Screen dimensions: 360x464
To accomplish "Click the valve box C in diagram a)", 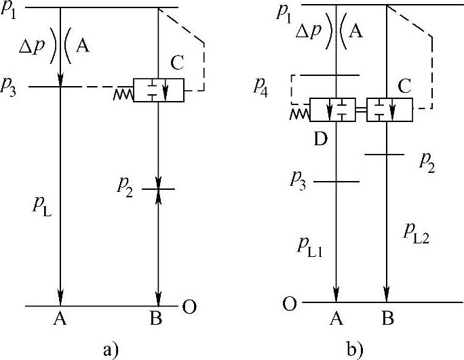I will coord(158,90).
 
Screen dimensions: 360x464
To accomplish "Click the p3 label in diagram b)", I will coord(298,179).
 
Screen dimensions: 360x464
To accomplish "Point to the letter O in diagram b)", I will coord(289,303).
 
